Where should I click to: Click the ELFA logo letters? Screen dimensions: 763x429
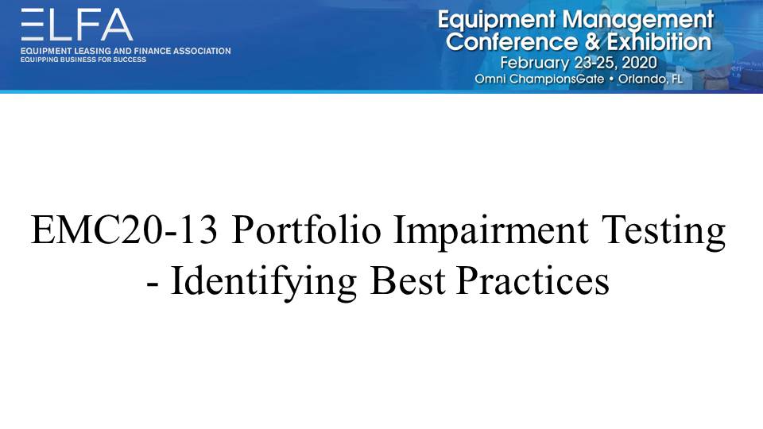pyautogui.click(x=77, y=25)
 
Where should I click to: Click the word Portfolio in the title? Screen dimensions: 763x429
pyautogui.click(x=306, y=230)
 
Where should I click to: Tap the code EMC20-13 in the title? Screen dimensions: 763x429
pyautogui.click(x=124, y=230)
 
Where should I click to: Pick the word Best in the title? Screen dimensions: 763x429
pyautogui.click(x=408, y=281)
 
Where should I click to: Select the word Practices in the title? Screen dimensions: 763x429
pyautogui.click(x=533, y=281)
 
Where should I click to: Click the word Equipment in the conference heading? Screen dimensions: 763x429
pyautogui.click(x=496, y=21)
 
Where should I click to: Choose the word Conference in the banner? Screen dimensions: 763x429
pyautogui.click(x=511, y=42)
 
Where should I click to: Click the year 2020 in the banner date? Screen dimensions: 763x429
pyautogui.click(x=639, y=64)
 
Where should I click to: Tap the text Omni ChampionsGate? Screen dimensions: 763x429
pyautogui.click(x=539, y=79)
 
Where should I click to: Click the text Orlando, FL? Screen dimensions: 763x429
pyautogui.click(x=650, y=79)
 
